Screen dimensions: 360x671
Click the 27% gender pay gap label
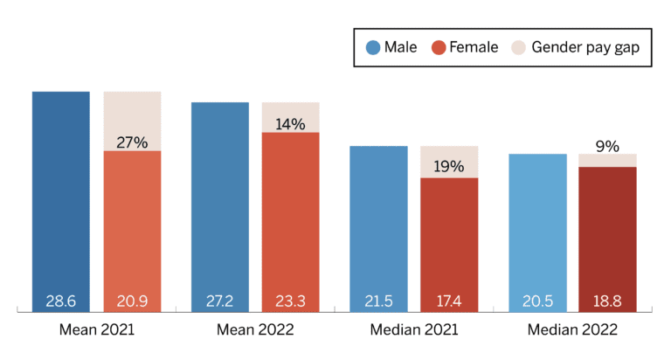point(132,142)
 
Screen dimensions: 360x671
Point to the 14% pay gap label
point(291,124)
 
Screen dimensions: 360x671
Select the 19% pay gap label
point(449,166)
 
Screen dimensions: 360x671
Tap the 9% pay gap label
point(607,147)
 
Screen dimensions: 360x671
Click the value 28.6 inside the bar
point(61,301)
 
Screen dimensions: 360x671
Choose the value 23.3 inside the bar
point(291,301)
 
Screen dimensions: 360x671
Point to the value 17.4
point(449,301)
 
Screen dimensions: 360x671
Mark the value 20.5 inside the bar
point(537,301)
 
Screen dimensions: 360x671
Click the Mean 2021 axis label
point(96,330)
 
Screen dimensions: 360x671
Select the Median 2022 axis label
point(572,330)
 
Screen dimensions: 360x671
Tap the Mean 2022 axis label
point(255,330)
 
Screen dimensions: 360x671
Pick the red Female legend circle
point(439,47)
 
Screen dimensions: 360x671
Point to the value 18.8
point(607,301)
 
